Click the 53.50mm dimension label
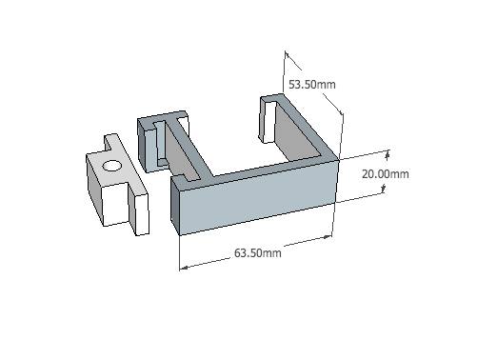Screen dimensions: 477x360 pos(312,85)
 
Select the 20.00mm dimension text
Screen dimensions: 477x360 pos(386,174)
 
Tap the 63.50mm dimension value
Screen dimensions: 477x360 pos(258,253)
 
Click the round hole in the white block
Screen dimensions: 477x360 pos(112,166)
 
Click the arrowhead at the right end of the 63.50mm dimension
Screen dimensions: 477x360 pos(328,237)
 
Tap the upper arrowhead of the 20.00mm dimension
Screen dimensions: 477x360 pos(388,155)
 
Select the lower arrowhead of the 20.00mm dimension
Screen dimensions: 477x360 pos(384,190)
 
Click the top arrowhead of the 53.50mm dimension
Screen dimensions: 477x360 pos(287,54)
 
